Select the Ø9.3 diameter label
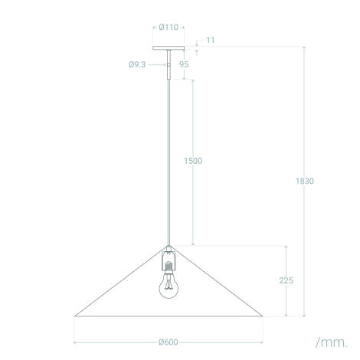139,65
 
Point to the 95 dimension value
184,65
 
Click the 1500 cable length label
193,161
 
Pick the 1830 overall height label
305,182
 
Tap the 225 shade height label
286,281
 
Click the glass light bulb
167,288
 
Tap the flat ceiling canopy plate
166,47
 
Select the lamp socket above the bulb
167,263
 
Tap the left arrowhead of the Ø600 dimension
76,342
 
